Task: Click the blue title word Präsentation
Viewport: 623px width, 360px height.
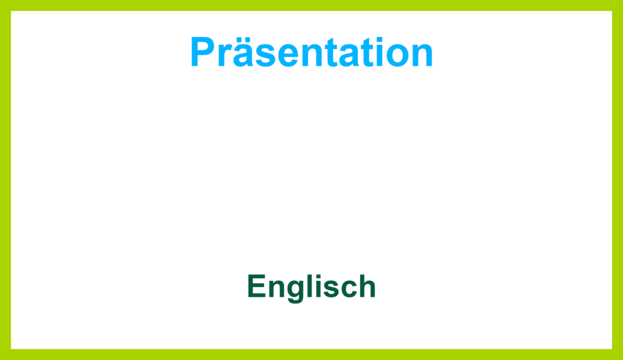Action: pos(312,52)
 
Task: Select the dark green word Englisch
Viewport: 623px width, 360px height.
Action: pos(311,287)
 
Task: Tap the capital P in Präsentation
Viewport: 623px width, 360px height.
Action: pos(203,52)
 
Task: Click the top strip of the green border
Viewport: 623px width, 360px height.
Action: pos(311,5)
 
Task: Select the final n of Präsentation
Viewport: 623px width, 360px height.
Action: pos(423,56)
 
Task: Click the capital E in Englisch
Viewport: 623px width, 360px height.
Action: pos(256,286)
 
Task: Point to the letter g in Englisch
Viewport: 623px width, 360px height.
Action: pos(298,291)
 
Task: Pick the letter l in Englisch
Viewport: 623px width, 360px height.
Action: pos(313,285)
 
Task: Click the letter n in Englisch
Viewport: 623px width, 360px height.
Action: pos(277,288)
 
